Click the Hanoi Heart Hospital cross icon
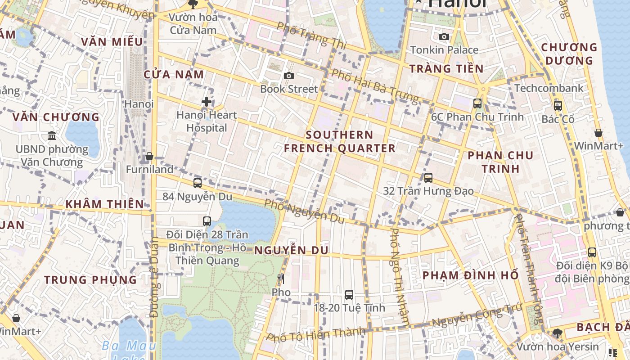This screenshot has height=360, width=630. [207, 102]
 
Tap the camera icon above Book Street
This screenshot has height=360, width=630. [289, 76]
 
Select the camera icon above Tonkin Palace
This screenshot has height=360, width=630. [444, 36]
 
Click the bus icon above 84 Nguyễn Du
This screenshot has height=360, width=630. [198, 183]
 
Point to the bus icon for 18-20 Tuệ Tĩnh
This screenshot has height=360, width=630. [349, 295]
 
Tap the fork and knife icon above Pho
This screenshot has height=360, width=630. [281, 279]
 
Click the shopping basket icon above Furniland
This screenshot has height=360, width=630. [149, 156]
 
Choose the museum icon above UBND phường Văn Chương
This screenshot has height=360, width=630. [52, 135]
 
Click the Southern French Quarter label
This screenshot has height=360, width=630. [340, 141]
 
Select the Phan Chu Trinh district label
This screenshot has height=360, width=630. [500, 162]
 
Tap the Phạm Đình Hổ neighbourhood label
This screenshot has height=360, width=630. [471, 275]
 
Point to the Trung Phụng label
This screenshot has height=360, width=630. [90, 279]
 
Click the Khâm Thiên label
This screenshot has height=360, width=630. [104, 204]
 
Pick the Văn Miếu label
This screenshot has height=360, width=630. [112, 42]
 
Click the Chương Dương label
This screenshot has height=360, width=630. [569, 54]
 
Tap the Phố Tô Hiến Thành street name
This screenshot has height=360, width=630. [315, 334]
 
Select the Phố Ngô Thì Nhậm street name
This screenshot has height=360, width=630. [400, 276]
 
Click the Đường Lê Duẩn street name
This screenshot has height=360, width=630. [154, 277]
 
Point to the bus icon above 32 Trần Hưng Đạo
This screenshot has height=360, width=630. [428, 178]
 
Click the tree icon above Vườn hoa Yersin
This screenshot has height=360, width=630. [558, 333]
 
